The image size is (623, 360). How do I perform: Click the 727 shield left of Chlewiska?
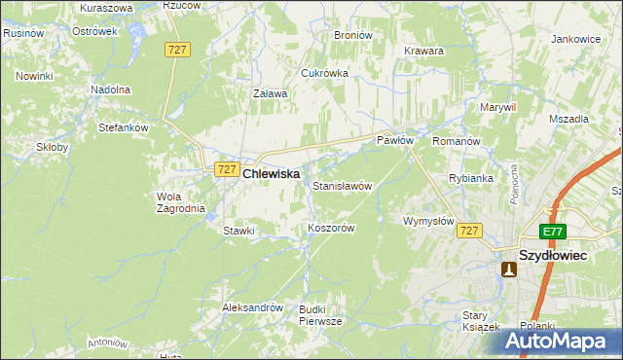(x=226, y=169)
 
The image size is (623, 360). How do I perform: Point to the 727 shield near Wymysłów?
(x=470, y=231)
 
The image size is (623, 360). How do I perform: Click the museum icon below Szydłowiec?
(x=508, y=270)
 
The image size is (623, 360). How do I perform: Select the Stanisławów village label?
(x=342, y=185)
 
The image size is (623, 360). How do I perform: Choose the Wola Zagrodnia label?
(x=181, y=201)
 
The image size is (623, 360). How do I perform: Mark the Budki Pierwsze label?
(x=320, y=314)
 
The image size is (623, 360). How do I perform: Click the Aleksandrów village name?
(x=252, y=307)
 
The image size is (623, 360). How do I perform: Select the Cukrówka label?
(x=324, y=73)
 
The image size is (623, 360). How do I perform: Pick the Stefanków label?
(x=123, y=126)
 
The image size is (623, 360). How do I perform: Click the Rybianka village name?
(x=471, y=178)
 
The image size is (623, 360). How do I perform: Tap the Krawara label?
(x=424, y=51)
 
